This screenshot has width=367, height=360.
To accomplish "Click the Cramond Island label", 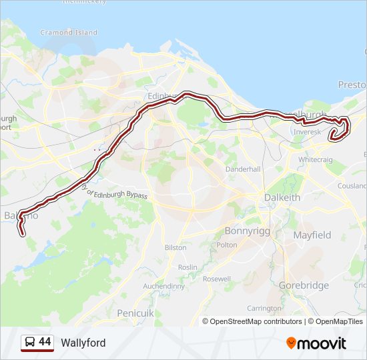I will click(x=69, y=32).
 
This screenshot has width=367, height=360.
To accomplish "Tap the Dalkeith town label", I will click(x=282, y=197).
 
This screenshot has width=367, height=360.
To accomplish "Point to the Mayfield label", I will click(x=312, y=235).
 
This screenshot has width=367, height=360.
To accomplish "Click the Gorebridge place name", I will click(x=304, y=285).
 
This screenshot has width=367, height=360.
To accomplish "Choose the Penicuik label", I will click(x=135, y=313).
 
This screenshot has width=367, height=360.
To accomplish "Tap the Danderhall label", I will click(x=243, y=169).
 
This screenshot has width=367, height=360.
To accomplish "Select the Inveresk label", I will click(x=307, y=132).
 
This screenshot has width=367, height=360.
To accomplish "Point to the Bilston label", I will click(x=175, y=247).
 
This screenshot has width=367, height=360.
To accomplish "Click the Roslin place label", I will click(x=188, y=267).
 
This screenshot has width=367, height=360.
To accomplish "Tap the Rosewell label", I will click(x=216, y=279).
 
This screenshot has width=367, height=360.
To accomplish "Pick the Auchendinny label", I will click(x=163, y=287).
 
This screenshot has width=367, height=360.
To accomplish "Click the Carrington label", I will click(x=264, y=309).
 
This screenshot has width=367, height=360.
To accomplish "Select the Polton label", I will click(x=227, y=245).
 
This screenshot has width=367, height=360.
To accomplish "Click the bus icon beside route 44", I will click(x=30, y=343).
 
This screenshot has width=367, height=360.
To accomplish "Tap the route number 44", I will click(x=45, y=342).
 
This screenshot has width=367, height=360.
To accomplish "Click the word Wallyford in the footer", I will click(x=83, y=343).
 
